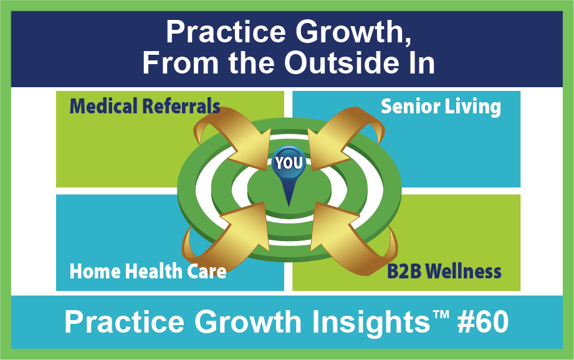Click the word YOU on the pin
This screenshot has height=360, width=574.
pos(289,163)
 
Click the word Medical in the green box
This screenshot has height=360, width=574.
pos(103,106)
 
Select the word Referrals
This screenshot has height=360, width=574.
pos(181,106)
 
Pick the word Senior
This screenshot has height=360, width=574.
pos(410,107)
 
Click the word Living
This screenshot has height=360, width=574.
pos(472,107)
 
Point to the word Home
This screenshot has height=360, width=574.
pos(95,272)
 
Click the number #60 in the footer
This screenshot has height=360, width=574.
pos(483,322)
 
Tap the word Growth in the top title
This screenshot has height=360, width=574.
pos(353,32)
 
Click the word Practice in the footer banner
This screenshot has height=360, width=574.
pos(125,322)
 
